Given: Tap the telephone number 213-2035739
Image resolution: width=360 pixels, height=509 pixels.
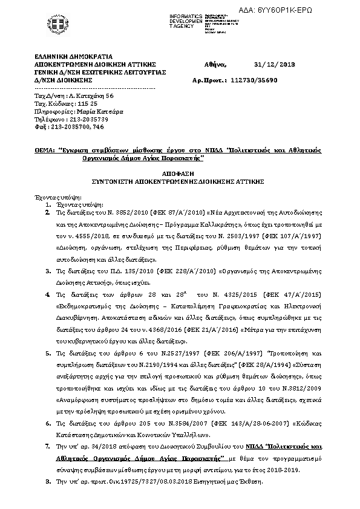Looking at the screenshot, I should coord(88,120).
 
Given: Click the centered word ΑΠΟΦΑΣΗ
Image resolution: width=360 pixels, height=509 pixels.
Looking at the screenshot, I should coord(180,173).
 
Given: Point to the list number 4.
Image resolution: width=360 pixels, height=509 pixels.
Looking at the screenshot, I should coord(48,294).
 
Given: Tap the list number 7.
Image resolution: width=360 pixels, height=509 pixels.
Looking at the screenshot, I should coord(48,445).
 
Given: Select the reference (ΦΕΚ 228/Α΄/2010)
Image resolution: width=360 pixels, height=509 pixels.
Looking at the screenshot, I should coord(182,272).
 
